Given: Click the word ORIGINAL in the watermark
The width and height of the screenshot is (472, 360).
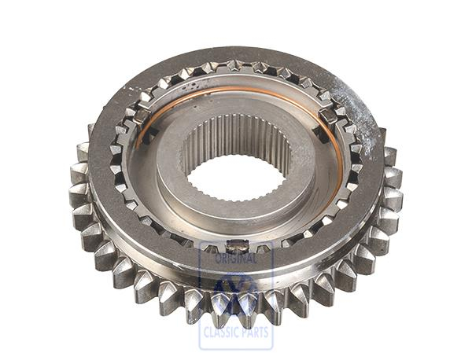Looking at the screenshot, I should click(x=236, y=259).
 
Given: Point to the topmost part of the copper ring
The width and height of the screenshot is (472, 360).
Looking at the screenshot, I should click(x=236, y=89).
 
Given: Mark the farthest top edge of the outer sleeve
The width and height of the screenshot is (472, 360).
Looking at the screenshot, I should click(x=236, y=50).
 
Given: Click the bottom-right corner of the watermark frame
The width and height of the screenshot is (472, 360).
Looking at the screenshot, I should click(x=272, y=348).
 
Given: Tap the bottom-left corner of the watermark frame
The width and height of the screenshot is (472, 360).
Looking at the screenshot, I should click(x=200, y=348).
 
